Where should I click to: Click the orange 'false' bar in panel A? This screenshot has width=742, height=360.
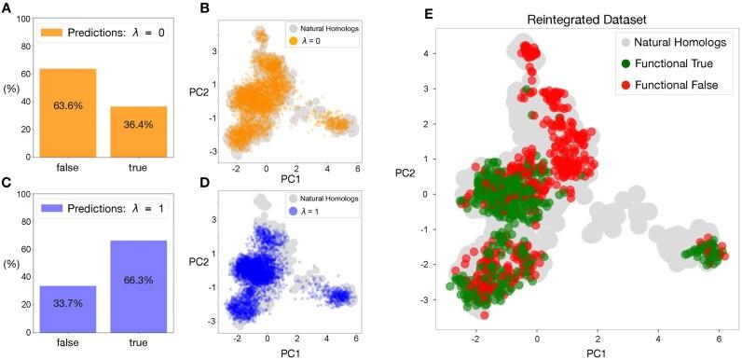click(x=67, y=112)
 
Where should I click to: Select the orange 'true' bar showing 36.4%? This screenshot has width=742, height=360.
click(x=138, y=131)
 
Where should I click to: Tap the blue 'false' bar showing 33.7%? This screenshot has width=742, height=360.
click(x=67, y=309)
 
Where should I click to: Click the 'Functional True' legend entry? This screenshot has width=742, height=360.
click(x=668, y=64)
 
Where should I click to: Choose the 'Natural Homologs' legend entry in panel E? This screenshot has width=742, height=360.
click(x=668, y=43)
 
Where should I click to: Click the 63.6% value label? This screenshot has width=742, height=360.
click(x=67, y=107)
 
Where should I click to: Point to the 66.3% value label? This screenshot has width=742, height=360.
click(x=138, y=280)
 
